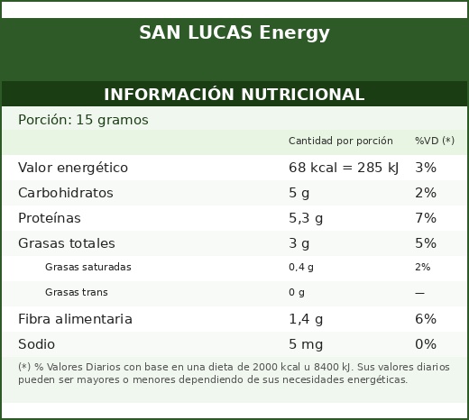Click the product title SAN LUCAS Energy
234,32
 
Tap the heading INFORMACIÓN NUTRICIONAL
234,94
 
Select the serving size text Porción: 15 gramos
83,120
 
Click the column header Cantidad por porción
341,141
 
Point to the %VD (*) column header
435,141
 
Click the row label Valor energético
73,168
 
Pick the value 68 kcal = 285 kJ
344,168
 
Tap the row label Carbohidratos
66,193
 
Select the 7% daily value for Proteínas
426,218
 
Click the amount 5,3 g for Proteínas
306,218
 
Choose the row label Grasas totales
67,243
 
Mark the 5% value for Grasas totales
426,243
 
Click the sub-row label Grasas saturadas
88,267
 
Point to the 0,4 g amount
301,267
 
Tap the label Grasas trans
77,292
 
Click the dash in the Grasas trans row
419,293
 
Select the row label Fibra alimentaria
75,319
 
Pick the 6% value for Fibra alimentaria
426,319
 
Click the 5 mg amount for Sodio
306,344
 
